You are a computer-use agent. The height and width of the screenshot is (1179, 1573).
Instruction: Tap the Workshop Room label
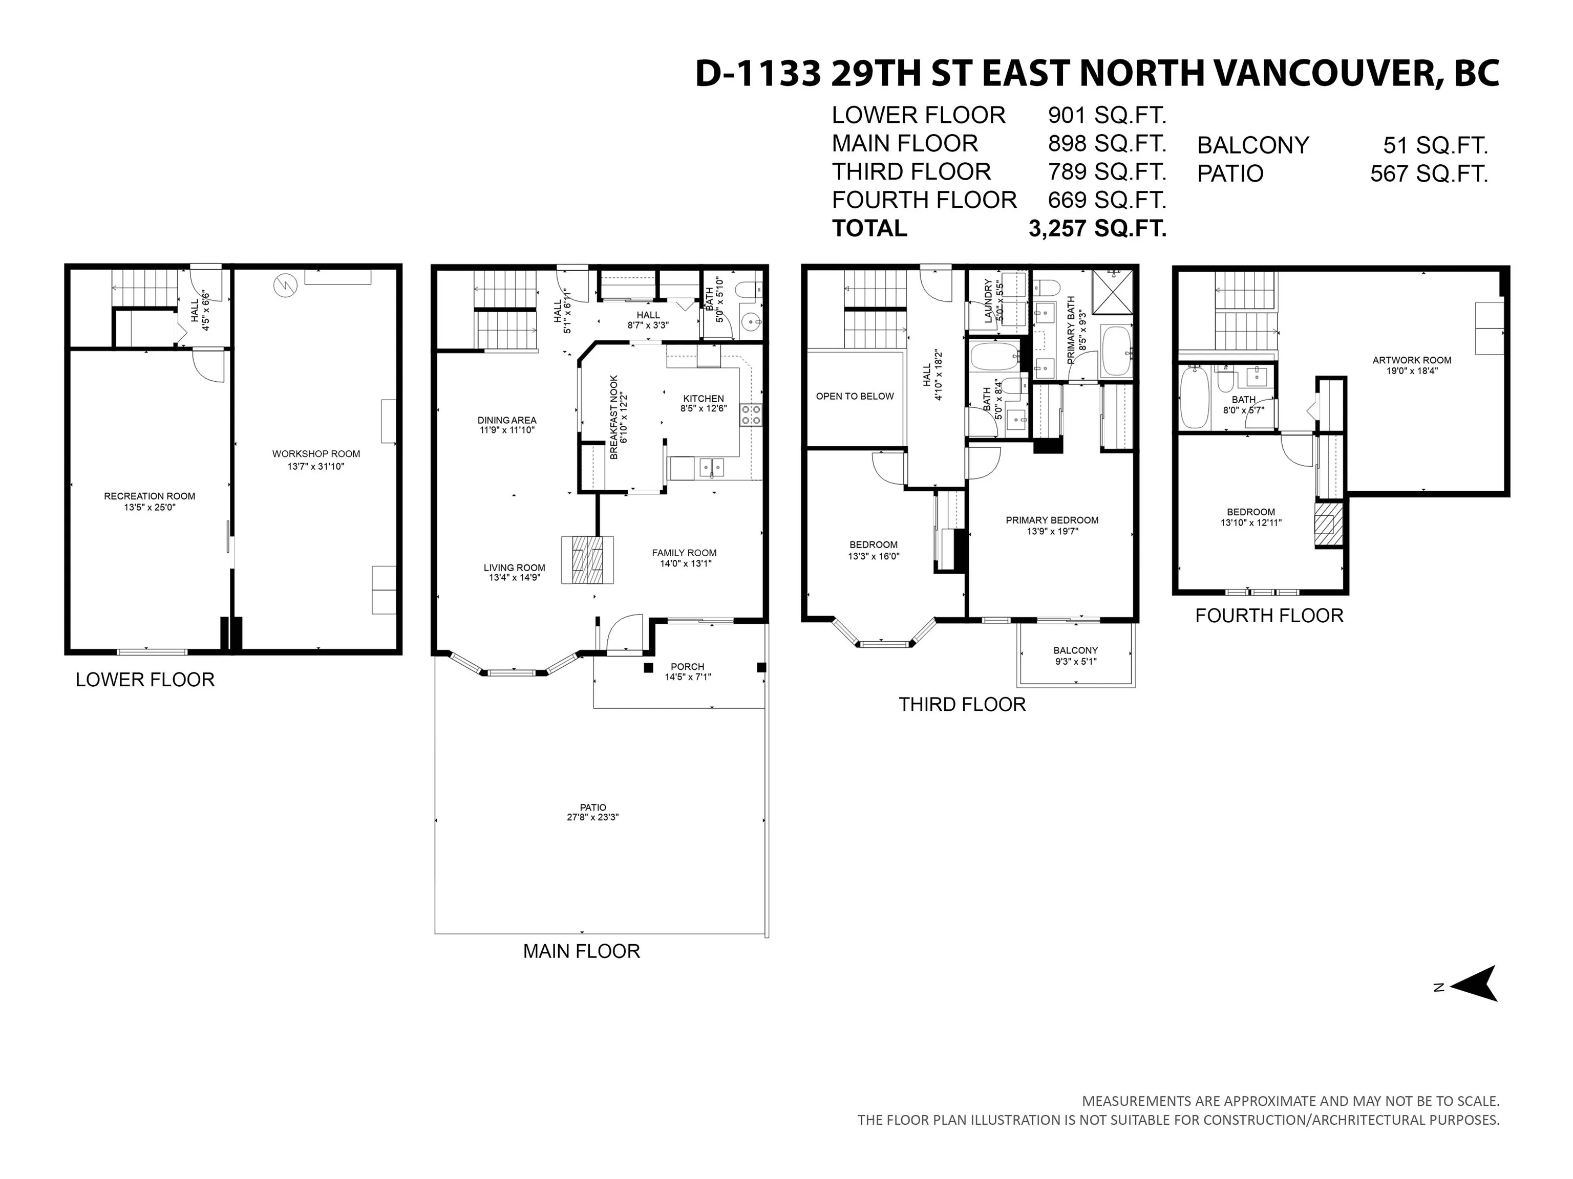pyautogui.click(x=316, y=454)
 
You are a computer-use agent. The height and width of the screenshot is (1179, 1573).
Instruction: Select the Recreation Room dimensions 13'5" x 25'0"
pyautogui.click(x=150, y=508)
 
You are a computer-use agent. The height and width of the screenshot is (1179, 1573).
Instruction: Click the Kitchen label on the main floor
pyautogui.click(x=704, y=399)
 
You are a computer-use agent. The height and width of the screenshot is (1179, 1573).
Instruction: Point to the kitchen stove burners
pyautogui.click(x=751, y=415)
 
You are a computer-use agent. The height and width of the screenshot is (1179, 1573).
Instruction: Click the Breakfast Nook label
pyautogui.click(x=614, y=417)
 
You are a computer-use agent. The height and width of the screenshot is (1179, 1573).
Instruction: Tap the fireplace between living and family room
pyautogui.click(x=587, y=560)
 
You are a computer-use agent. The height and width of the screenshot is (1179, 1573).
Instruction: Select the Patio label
pyautogui.click(x=593, y=807)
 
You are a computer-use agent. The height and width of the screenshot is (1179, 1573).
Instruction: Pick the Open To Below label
pyautogui.click(x=855, y=397)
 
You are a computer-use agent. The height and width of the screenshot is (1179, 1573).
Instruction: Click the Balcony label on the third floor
pyautogui.click(x=1075, y=650)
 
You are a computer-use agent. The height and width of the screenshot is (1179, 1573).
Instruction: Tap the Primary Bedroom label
pyautogui.click(x=1052, y=520)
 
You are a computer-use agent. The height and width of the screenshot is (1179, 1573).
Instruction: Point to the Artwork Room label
pyautogui.click(x=1412, y=360)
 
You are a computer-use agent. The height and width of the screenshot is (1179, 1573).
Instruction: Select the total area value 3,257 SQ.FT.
pyautogui.click(x=1097, y=228)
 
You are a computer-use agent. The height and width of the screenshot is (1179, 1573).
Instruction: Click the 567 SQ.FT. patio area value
pyautogui.click(x=1429, y=173)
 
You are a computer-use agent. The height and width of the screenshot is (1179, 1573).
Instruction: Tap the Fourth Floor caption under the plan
pyautogui.click(x=1269, y=616)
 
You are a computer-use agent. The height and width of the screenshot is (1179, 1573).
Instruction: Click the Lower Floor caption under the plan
pyautogui.click(x=145, y=680)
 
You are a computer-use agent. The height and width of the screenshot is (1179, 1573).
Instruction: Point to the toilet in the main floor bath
pyautogui.click(x=749, y=290)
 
